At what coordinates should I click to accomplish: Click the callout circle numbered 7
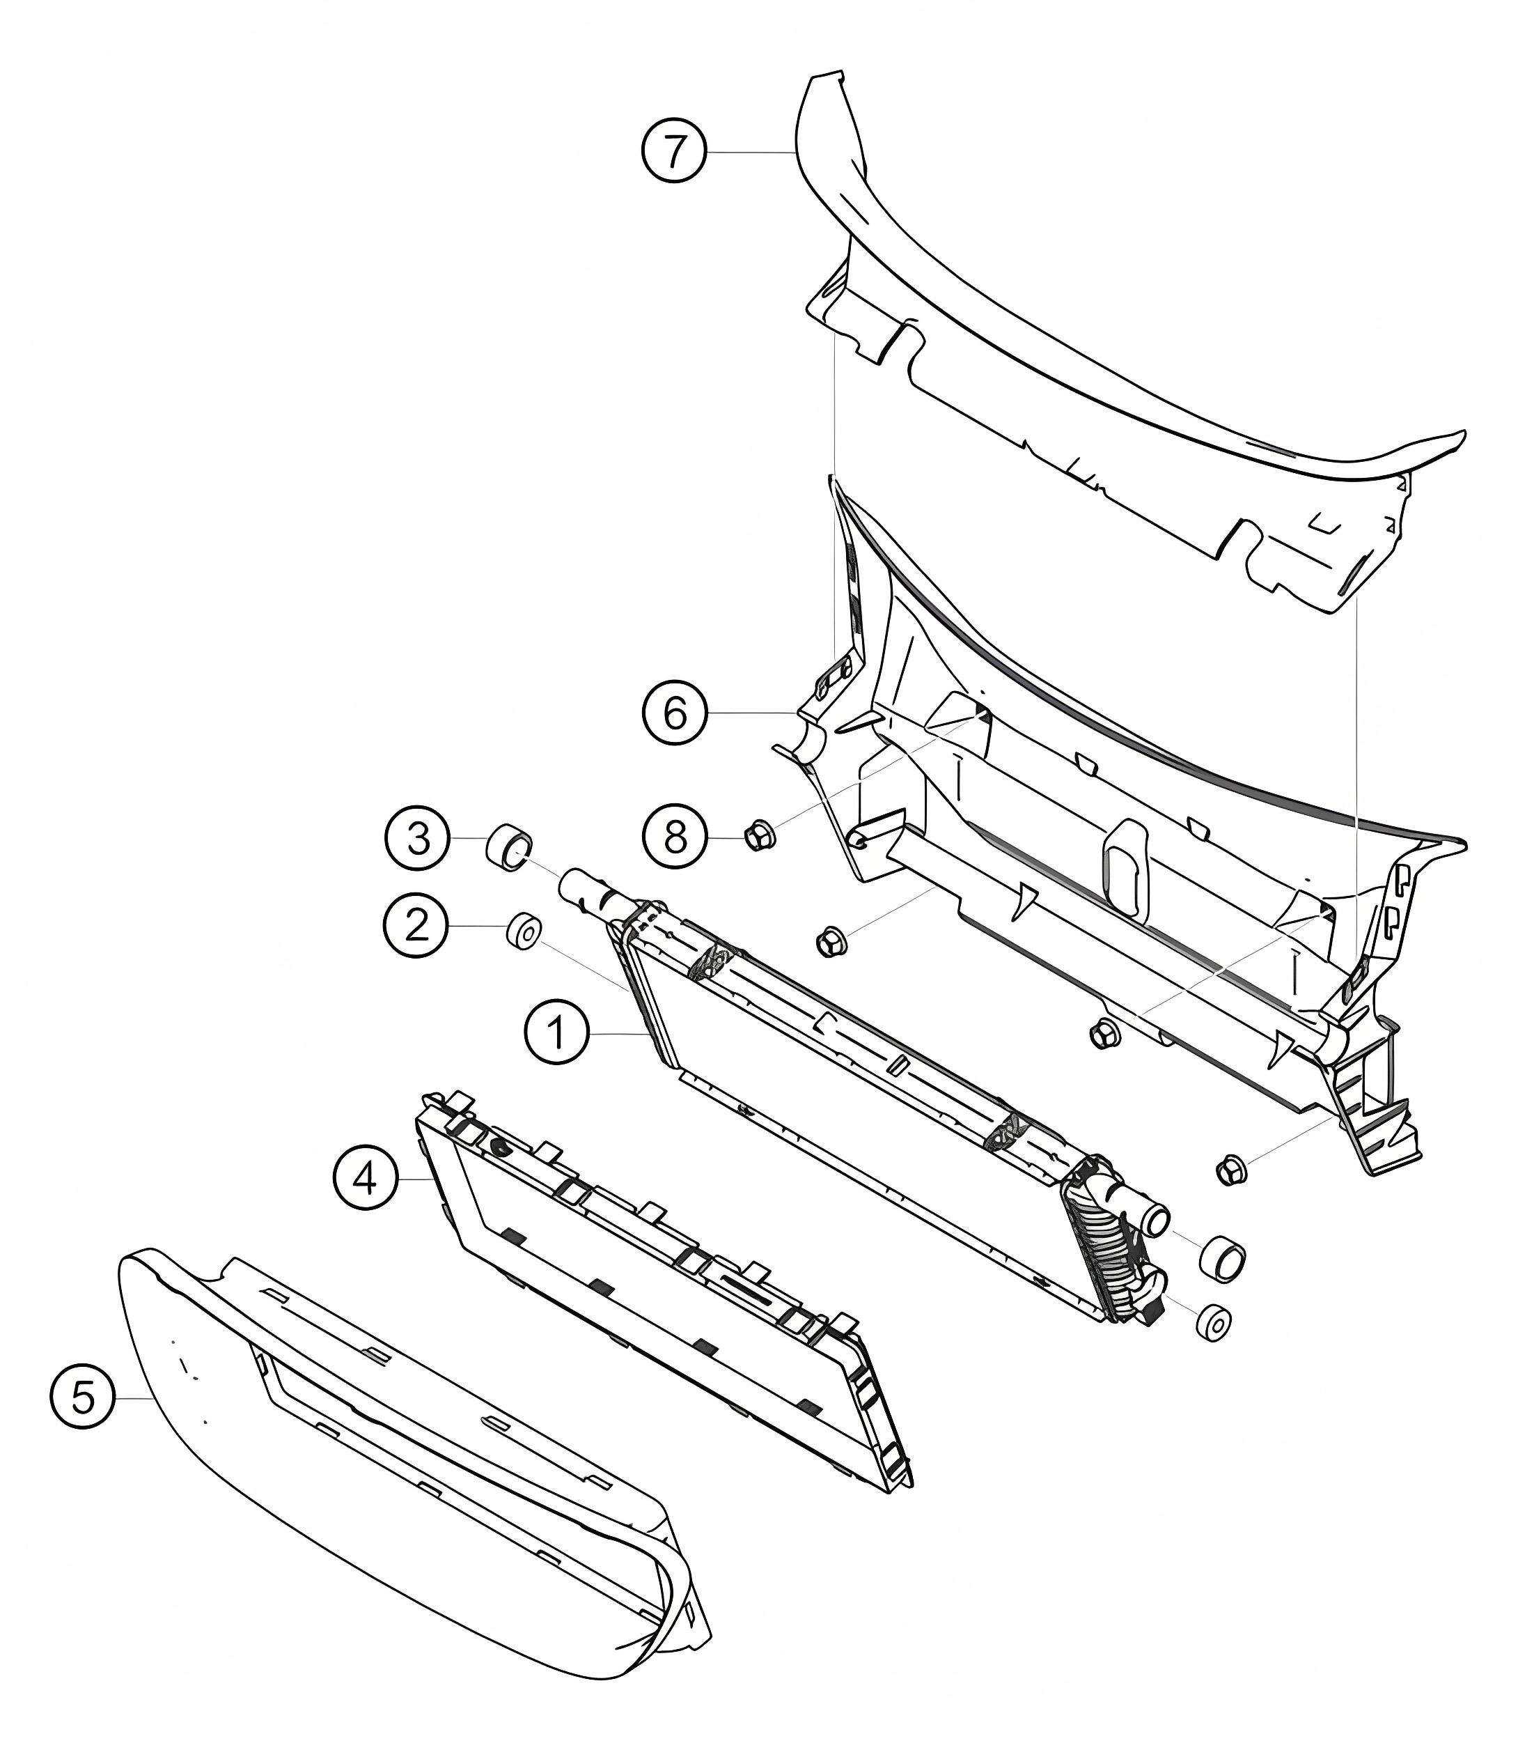pyautogui.click(x=673, y=152)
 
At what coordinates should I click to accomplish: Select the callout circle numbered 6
pyautogui.click(x=674, y=713)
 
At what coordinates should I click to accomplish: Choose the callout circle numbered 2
pyautogui.click(x=416, y=927)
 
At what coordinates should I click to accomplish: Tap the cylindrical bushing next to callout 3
pyautogui.click(x=508, y=846)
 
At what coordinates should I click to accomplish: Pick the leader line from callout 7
pyautogui.click(x=751, y=152)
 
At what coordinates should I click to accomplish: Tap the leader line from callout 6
pyautogui.click(x=752, y=713)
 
